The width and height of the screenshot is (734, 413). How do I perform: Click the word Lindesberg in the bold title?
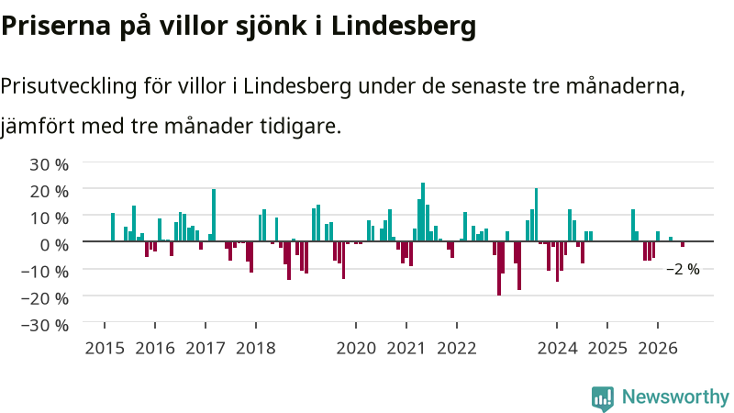point(404,26)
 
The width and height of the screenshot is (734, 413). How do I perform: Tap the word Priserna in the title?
point(56,26)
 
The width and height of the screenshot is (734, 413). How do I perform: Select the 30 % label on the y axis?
point(50,164)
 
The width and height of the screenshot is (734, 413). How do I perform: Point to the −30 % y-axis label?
point(45,325)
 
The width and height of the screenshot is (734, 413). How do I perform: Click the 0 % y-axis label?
point(54,244)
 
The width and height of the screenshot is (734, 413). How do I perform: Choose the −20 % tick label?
point(45,298)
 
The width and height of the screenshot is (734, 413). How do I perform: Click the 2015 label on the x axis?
point(105,349)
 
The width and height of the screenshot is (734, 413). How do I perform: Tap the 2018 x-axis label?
point(256,349)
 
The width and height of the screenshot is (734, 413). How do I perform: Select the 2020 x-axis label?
point(356,349)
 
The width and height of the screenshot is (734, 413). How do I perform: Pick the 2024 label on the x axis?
point(557,349)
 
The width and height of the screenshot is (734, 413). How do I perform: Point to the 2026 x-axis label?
point(658,349)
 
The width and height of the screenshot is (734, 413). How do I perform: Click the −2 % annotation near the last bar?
point(683,269)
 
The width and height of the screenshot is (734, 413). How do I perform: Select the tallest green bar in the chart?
point(423,212)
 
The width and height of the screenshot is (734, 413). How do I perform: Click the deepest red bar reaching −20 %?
point(499,268)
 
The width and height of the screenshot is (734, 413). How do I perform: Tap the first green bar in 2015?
point(113,227)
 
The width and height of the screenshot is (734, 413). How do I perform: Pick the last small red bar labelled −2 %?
point(683,244)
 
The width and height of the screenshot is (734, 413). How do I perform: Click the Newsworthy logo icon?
point(603,399)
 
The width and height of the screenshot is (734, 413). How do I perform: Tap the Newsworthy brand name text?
point(675,397)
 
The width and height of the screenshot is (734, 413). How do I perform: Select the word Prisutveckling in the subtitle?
point(69,86)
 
